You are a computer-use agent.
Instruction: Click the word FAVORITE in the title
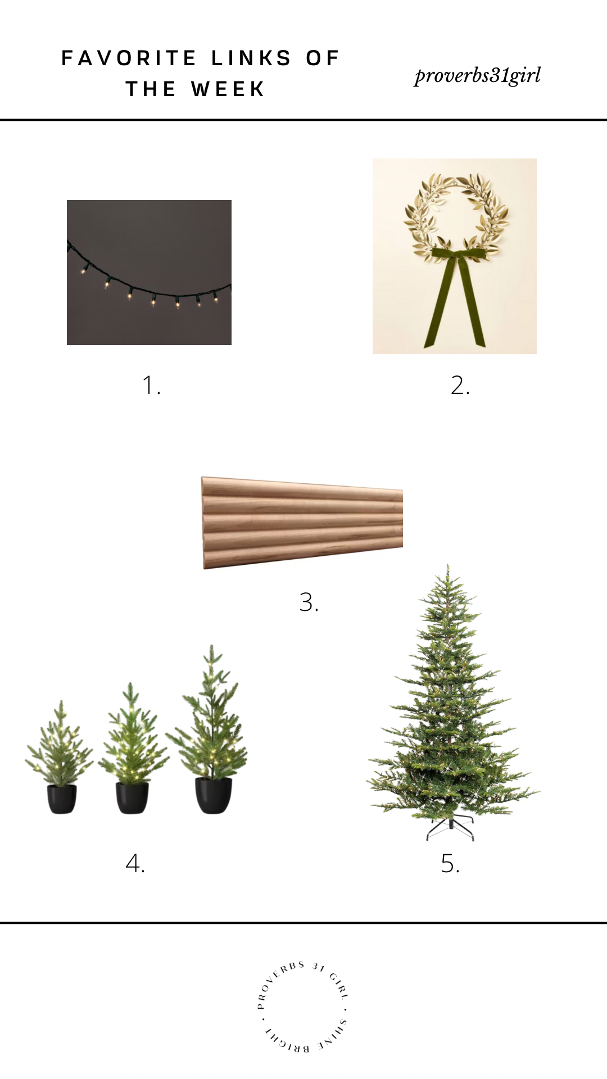pyautogui.click(x=129, y=58)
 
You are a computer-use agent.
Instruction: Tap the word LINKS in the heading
pyautogui.click(x=251, y=58)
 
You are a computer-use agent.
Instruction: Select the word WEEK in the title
pyautogui.click(x=228, y=89)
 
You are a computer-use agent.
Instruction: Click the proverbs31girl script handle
pyautogui.click(x=478, y=76)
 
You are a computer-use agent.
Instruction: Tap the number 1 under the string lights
pyautogui.click(x=151, y=386)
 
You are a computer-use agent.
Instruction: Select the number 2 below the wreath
pyautogui.click(x=460, y=386)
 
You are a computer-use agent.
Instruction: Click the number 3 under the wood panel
pyautogui.click(x=309, y=602)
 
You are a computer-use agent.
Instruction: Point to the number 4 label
pyautogui.click(x=135, y=863)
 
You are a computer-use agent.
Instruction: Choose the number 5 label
pyautogui.click(x=450, y=863)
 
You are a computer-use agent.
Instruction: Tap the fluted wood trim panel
pyautogui.click(x=302, y=523)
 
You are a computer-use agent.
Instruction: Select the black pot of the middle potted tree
pyautogui.click(x=132, y=797)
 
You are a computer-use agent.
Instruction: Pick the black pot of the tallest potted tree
pyautogui.click(x=214, y=795)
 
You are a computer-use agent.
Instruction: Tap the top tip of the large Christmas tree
pyautogui.click(x=447, y=565)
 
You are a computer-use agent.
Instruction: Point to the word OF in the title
pyautogui.click(x=323, y=58)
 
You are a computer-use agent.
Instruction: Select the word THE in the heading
pyautogui.click(x=151, y=89)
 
